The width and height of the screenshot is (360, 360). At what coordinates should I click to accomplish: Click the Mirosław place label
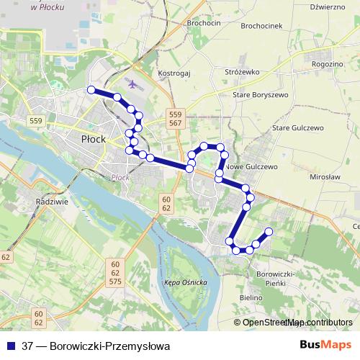pyautogui.click(x=323, y=176)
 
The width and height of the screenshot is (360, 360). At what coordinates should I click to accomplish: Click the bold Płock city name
pyautogui.click(x=94, y=138)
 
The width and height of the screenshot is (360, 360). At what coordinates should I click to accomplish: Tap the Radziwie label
pyautogui.click(x=51, y=202)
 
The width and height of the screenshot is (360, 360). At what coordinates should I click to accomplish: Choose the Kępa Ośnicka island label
pyautogui.click(x=186, y=282)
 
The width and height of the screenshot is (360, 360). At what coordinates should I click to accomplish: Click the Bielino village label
pyautogui.click(x=251, y=297)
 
